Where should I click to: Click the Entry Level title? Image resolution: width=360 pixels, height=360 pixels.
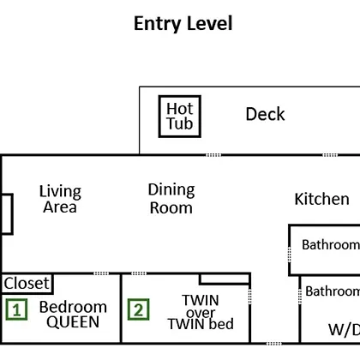(x=183, y=24)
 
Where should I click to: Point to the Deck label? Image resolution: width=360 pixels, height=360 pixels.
(x=265, y=114)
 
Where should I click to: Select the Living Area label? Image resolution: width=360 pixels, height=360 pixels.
(x=60, y=199)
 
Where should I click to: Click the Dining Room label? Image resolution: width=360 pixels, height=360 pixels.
(x=171, y=199)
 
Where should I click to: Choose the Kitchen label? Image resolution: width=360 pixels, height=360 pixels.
(x=321, y=199)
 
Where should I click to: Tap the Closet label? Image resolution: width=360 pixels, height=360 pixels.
(x=27, y=284)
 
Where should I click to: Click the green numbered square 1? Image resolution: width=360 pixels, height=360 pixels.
(x=16, y=309)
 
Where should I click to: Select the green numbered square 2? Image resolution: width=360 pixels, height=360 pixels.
(x=138, y=309)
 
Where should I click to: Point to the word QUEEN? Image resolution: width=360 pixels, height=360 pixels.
(x=73, y=322)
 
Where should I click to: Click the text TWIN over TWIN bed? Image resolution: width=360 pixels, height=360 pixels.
(x=201, y=312)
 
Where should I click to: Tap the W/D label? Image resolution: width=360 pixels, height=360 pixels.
(x=344, y=330)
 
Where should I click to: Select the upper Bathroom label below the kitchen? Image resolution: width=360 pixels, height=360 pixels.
(x=331, y=245)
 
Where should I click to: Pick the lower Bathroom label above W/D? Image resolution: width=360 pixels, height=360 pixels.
(x=333, y=291)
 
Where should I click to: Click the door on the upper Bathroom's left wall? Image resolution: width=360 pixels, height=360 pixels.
(x=290, y=255)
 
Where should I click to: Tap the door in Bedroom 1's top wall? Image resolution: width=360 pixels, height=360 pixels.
(x=101, y=273)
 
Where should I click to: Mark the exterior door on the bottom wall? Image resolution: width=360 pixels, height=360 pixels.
(x=273, y=343)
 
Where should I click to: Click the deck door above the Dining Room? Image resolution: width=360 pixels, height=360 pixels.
(x=213, y=155)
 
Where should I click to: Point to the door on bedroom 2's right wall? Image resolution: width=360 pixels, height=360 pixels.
(x=250, y=297)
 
